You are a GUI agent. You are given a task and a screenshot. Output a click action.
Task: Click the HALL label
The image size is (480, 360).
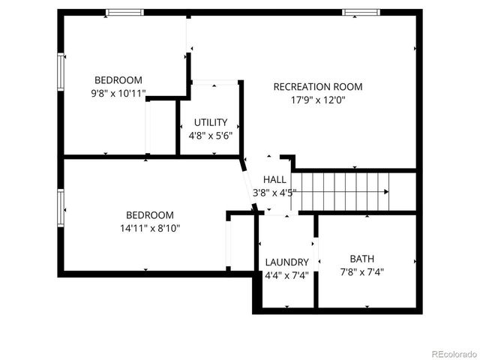pyautogui.click(x=274, y=179)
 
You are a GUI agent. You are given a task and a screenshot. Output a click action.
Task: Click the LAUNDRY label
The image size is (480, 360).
pyautogui.click(x=286, y=262)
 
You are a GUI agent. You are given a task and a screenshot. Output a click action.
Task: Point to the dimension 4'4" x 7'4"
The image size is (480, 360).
pyautogui.click(x=286, y=275)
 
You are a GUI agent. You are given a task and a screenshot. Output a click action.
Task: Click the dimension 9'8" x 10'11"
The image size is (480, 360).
pyautogui.click(x=118, y=94)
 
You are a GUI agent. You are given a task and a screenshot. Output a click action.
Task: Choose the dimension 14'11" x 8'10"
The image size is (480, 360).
pyautogui.click(x=149, y=227)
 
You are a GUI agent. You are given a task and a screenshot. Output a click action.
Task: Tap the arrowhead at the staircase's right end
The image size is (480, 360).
pyautogui.click(x=386, y=192)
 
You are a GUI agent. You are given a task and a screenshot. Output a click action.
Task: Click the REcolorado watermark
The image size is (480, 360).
pyautogui.click(x=451, y=352)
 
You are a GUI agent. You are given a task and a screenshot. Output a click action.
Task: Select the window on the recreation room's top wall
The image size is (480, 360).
pyautogui.click(x=359, y=13)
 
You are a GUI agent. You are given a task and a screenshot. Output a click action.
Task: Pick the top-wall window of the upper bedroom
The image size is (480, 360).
pyautogui.click(x=124, y=13)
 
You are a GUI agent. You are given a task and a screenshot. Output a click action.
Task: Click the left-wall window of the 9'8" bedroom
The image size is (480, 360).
pyautogui.click(x=61, y=72)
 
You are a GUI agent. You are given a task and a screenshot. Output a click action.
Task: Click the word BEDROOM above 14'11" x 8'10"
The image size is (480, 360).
pyautogui.click(x=149, y=214)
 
